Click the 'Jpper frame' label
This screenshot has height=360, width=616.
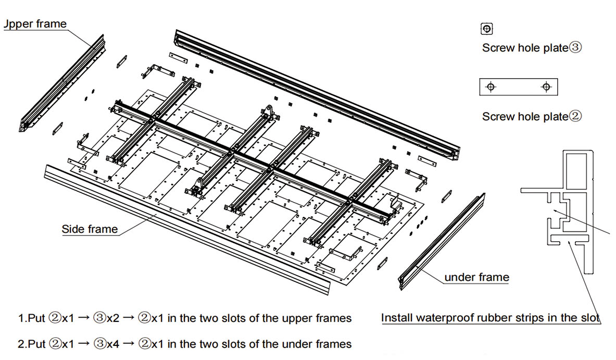pos(35,24)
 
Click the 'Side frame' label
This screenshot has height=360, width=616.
pos(90,229)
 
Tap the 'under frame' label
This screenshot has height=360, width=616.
pos(476,277)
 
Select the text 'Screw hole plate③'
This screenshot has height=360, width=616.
pos(531,48)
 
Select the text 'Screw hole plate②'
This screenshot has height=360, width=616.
pos(531,116)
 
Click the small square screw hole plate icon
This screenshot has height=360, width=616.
pos(487,29)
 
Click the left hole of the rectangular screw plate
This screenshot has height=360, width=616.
pos(490,87)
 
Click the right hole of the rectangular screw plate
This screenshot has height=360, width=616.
pos(546,87)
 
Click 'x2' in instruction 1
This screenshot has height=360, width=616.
pos(114,318)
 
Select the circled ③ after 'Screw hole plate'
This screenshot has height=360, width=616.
pos(575,48)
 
